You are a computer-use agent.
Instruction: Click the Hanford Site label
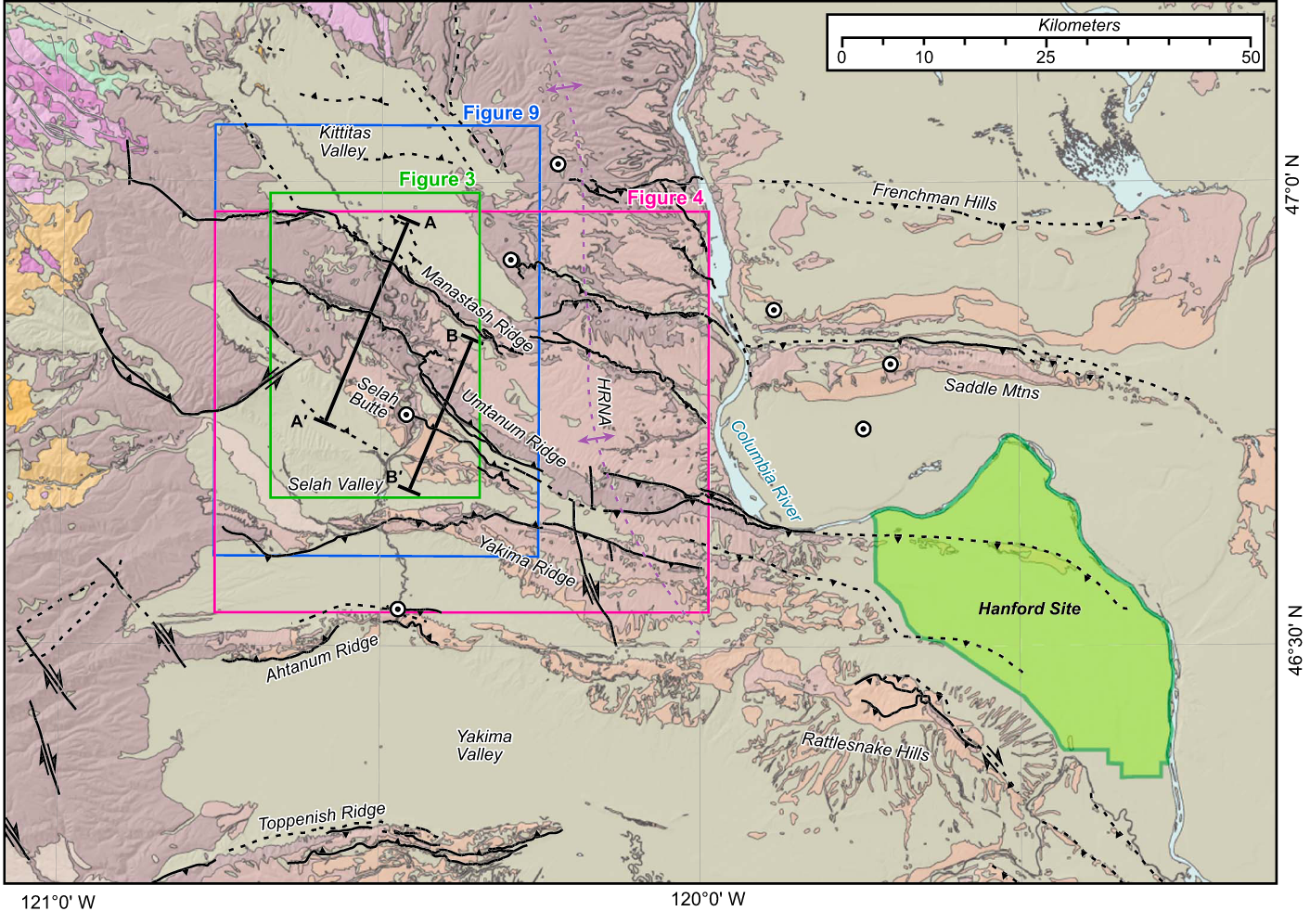click(1029, 609)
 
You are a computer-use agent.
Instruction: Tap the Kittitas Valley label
click(345, 142)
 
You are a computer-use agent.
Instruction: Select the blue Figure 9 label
click(501, 113)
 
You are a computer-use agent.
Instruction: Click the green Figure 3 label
click(436, 179)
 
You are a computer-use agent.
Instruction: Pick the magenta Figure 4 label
click(665, 198)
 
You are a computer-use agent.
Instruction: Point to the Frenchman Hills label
click(934, 197)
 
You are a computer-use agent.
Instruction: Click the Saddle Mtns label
click(992, 388)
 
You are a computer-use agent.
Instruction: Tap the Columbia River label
click(765, 470)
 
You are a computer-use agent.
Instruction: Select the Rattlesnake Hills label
click(865, 746)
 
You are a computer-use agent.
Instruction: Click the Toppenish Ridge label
click(321, 817)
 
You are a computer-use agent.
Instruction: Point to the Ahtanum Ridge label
click(322, 659)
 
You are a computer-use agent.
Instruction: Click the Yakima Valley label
click(483, 745)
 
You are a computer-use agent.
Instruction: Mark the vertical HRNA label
click(604, 402)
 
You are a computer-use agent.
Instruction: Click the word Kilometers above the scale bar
click(1078, 25)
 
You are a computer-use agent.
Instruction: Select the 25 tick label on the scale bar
click(1046, 58)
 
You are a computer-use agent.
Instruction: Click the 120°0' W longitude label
click(708, 899)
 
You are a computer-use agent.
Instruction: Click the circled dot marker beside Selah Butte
click(405, 415)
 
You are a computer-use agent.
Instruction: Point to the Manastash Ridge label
click(478, 308)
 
